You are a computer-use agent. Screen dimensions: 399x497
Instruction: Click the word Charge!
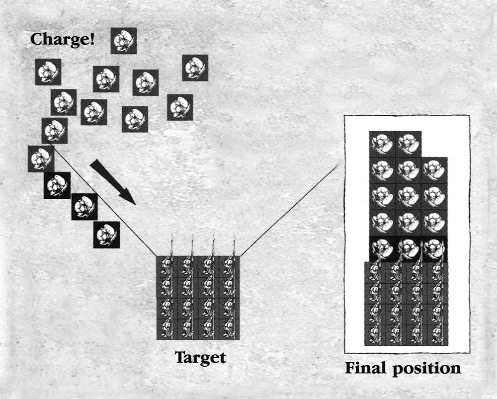pyautogui.click(x=63, y=39)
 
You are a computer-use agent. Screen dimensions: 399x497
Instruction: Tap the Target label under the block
pyautogui.click(x=200, y=357)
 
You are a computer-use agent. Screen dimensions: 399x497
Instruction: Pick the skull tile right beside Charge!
pyautogui.click(x=123, y=41)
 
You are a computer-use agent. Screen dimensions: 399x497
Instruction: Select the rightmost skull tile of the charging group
pyautogui.click(x=195, y=68)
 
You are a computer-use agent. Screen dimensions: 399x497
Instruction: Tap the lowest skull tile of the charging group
pyautogui.click(x=106, y=235)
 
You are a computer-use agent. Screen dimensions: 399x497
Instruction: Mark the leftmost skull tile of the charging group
pyautogui.click(x=41, y=159)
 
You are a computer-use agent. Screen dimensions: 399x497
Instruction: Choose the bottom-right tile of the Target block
pyautogui.click(x=229, y=329)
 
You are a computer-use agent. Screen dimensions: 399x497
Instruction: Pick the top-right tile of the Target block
pyautogui.click(x=229, y=266)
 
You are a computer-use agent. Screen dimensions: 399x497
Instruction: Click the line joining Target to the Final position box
pyautogui.click(x=288, y=211)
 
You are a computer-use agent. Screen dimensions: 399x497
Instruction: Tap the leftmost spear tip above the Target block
pyautogui.click(x=171, y=238)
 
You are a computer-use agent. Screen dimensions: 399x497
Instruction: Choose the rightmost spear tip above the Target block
pyautogui.click(x=234, y=238)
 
